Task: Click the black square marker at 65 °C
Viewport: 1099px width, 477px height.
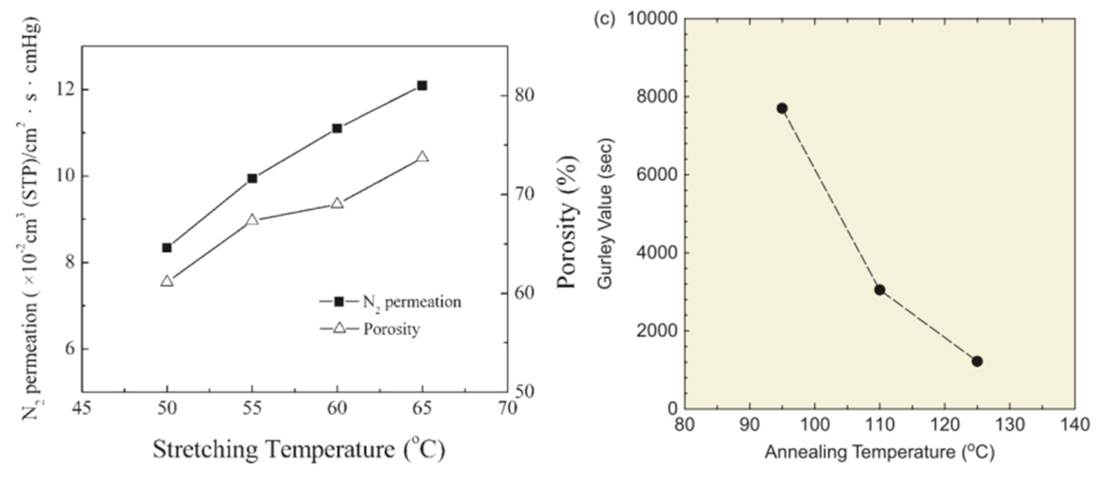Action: click(x=422, y=86)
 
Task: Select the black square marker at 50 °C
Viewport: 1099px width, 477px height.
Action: click(x=167, y=248)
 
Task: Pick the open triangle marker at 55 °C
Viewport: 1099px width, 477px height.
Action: click(x=252, y=220)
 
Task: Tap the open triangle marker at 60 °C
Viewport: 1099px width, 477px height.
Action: click(x=337, y=203)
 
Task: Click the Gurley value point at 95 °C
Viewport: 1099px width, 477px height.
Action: click(x=782, y=108)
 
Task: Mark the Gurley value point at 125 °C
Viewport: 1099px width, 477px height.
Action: click(x=977, y=361)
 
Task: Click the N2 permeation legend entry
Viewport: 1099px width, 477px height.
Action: click(x=390, y=302)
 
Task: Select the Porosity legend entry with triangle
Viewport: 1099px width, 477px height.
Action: click(x=370, y=329)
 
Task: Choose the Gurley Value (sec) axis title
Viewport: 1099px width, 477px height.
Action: click(x=606, y=213)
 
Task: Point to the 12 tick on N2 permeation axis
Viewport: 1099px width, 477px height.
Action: click(x=65, y=90)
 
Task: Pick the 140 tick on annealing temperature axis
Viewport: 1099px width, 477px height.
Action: click(x=1074, y=425)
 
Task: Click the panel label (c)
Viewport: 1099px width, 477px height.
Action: click(x=604, y=19)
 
